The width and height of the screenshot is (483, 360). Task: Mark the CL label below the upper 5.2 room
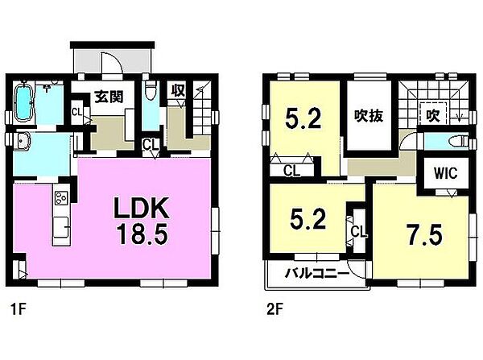pyautogui.click(x=291, y=171)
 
